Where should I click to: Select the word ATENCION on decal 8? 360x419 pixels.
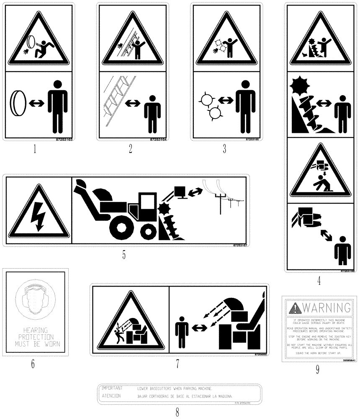[111, 396]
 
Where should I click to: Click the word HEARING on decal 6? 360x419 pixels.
[36, 330]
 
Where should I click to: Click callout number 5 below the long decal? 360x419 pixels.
[124, 254]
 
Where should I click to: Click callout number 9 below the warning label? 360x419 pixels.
[317, 369]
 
